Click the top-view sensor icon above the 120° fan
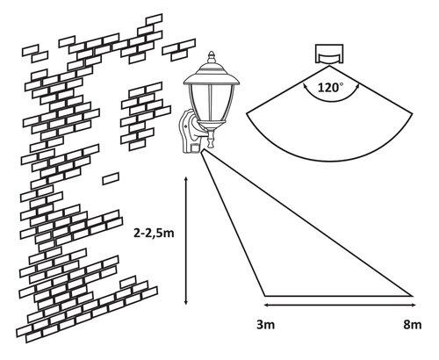tap(330, 54)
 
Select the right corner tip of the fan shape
tap(412, 112)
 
